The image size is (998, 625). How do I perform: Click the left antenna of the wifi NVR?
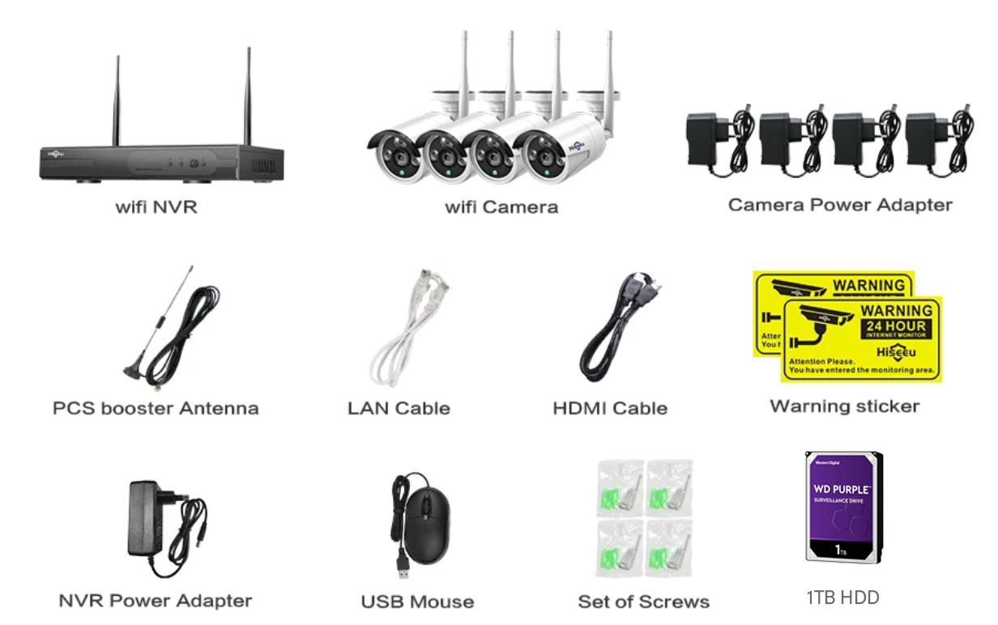tap(117, 101)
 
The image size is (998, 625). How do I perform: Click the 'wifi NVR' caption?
tap(156, 207)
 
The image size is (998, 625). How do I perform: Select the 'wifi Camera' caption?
tap(501, 207)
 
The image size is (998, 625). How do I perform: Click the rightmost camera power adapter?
tap(928, 138)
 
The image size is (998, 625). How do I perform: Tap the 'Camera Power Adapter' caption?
tap(840, 205)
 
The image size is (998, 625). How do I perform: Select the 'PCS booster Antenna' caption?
tap(156, 408)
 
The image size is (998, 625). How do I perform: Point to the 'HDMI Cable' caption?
tap(610, 409)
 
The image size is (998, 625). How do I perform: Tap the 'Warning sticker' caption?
tap(844, 406)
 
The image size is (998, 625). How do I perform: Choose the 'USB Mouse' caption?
tap(417, 602)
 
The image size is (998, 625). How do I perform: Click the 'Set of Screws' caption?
tap(643, 602)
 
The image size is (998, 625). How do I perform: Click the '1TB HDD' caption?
tap(842, 597)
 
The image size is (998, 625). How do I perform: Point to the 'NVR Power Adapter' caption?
tap(156, 601)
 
